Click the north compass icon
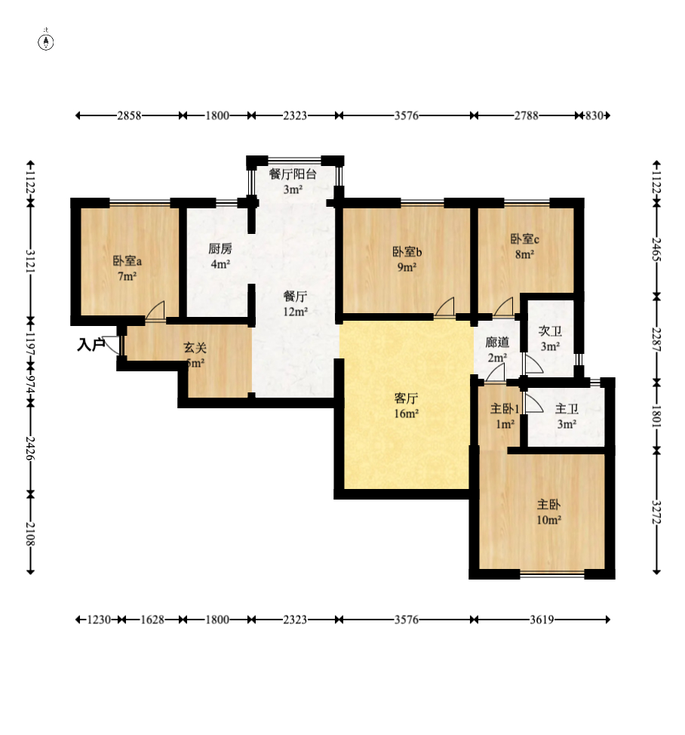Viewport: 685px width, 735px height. tap(47, 41)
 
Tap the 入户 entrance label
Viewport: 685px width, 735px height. tap(91, 345)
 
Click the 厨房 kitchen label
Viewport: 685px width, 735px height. tap(220, 248)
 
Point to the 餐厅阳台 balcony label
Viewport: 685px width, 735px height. tap(293, 174)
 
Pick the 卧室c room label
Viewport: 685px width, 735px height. tap(524, 239)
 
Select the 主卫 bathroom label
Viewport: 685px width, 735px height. tap(567, 409)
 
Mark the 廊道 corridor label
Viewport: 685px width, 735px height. tap(496, 342)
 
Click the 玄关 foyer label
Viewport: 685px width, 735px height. tap(195, 348)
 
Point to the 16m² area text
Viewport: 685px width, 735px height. tap(406, 414)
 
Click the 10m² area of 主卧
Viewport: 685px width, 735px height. tap(548, 520)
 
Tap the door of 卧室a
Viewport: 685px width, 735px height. tap(155, 310)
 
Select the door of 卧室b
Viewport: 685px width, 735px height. tap(444, 307)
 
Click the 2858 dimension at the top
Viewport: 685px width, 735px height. tap(129, 115)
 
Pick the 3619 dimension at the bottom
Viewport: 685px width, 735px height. tap(542, 620)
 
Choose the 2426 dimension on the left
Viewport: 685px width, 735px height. tap(30, 447)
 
